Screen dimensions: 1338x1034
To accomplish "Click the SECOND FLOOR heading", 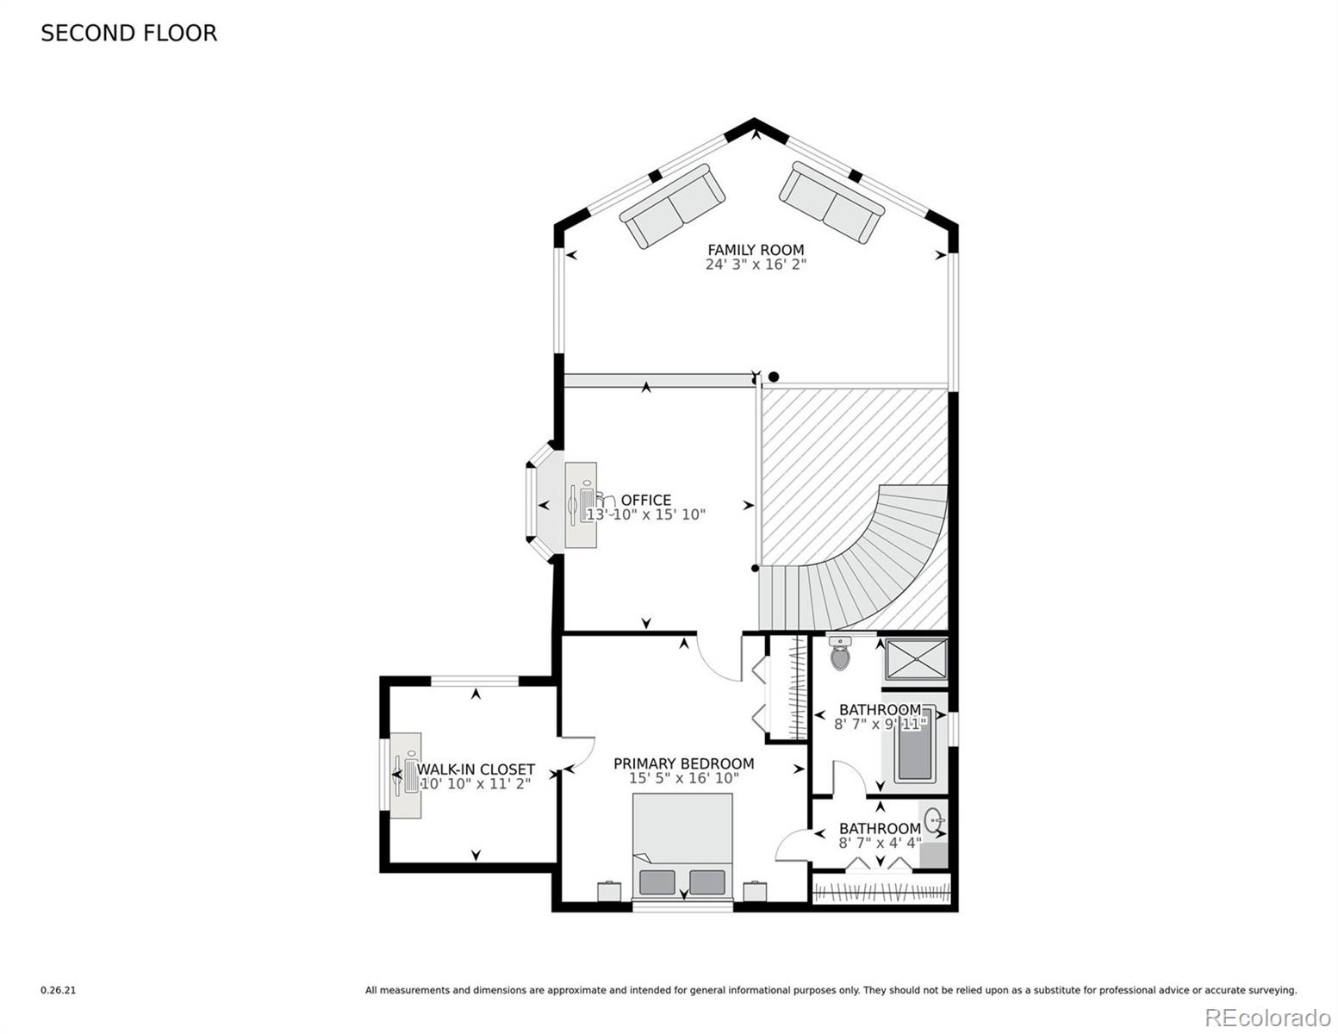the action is point(128,34).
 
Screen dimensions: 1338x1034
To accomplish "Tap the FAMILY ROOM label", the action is point(756,249).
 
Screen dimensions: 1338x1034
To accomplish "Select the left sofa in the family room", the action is point(672,206).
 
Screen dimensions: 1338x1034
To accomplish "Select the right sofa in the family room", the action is point(832,202).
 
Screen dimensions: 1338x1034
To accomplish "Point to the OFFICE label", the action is point(646,500).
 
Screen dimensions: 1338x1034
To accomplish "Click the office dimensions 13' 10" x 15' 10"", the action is point(646,514).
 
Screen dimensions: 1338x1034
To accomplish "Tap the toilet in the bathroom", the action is point(840,653).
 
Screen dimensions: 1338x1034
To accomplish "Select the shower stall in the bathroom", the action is point(916,659).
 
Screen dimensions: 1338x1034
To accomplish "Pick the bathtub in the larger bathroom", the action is point(915,746).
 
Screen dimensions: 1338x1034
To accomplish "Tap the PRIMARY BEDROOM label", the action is point(683,763).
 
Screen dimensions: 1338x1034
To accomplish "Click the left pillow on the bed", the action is point(657,882).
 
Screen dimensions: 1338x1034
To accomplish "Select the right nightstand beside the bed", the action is point(755,891).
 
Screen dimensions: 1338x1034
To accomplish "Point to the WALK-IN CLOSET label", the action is point(476,769).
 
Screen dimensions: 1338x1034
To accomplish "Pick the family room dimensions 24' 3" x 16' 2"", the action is point(756,265).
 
